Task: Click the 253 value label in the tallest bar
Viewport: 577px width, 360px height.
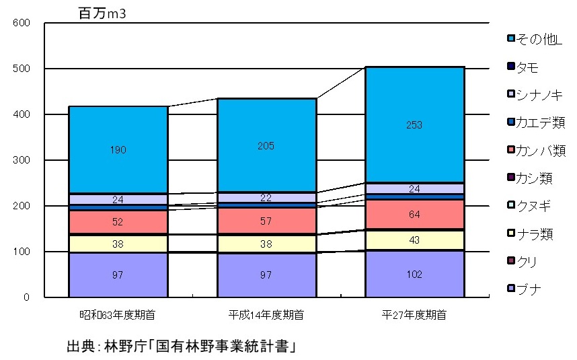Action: pyautogui.click(x=414, y=124)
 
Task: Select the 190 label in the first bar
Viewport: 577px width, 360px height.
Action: pyautogui.click(x=118, y=150)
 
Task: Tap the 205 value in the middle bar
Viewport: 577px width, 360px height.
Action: pyautogui.click(x=267, y=146)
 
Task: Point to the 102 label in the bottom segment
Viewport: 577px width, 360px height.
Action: pyautogui.click(x=414, y=274)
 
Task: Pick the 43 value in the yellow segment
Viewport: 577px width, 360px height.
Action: pyautogui.click(x=414, y=240)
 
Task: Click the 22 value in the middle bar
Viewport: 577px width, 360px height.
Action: pyautogui.click(x=267, y=197)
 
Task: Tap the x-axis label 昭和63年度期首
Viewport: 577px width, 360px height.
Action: pyautogui.click(x=118, y=314)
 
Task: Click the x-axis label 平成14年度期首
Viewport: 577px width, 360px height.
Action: pyautogui.click(x=267, y=314)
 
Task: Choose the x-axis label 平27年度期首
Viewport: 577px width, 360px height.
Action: pyautogui.click(x=414, y=314)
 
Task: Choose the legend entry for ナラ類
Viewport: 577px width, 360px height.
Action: pyautogui.click(x=535, y=233)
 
